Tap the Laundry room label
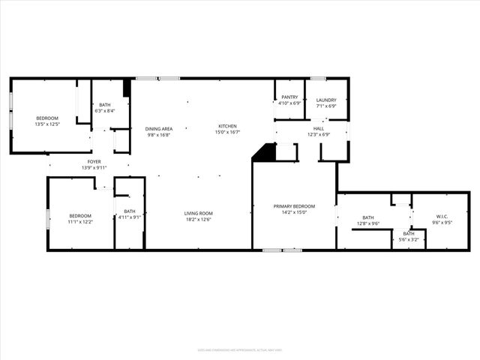pyautogui.click(x=326, y=100)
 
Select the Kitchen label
pyautogui.click(x=227, y=125)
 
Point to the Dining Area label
pyautogui.click(x=159, y=129)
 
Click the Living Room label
pyautogui.click(x=199, y=214)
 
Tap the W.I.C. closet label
pyautogui.click(x=441, y=217)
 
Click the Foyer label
pyautogui.click(x=94, y=161)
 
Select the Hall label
pyautogui.click(x=318, y=128)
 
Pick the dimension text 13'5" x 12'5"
pyautogui.click(x=46, y=124)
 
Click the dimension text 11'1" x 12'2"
pyautogui.click(x=80, y=222)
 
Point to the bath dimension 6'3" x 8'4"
pyautogui.click(x=105, y=111)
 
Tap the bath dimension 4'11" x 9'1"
pyautogui.click(x=130, y=217)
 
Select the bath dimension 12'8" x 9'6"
pyautogui.click(x=367, y=223)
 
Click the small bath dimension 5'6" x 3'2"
pyautogui.click(x=409, y=240)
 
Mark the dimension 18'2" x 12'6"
pyautogui.click(x=199, y=220)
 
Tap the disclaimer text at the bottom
pyautogui.click(x=239, y=349)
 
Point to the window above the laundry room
pyautogui.click(x=318, y=78)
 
